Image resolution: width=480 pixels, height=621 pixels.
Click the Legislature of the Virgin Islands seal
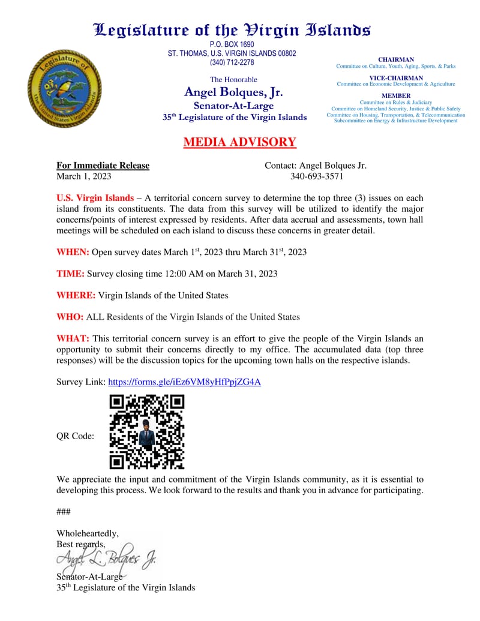(x=64, y=88)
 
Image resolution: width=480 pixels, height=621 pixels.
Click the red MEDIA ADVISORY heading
(x=239, y=142)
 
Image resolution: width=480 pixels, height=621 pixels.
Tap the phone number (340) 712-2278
(x=232, y=62)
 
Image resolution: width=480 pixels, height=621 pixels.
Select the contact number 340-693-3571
(x=316, y=176)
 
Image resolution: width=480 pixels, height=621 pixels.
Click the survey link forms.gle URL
(x=184, y=382)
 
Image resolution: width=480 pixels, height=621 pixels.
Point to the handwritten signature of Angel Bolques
(x=106, y=560)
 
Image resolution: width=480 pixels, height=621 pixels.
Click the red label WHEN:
(x=73, y=252)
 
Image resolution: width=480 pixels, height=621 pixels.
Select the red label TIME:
(x=70, y=274)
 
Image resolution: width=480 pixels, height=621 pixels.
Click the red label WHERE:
(x=76, y=295)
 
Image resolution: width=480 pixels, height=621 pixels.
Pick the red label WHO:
(x=70, y=317)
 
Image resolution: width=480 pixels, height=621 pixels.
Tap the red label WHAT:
(x=73, y=338)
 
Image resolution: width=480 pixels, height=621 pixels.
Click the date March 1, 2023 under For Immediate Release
(x=84, y=176)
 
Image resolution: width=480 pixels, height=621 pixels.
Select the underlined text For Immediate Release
(x=103, y=166)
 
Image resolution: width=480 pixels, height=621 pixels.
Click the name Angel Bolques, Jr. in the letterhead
(x=233, y=92)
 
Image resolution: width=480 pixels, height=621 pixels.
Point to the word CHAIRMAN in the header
(x=396, y=59)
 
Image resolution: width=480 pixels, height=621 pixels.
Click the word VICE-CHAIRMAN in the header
(x=396, y=77)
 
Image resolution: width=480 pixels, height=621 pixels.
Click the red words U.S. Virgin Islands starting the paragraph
(x=95, y=198)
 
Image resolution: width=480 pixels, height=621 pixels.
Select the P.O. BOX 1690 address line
(x=232, y=44)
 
